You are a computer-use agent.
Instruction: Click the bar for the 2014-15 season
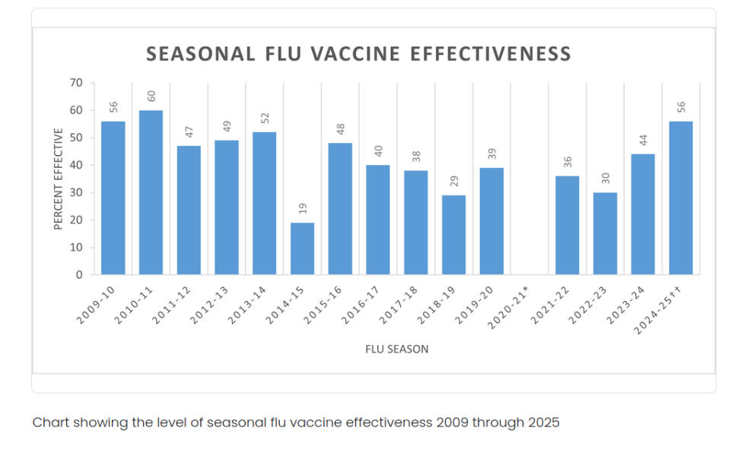click(x=302, y=249)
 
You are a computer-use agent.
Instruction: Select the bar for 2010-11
click(x=151, y=192)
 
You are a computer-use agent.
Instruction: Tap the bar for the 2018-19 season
click(x=453, y=235)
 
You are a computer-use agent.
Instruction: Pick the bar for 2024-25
click(x=681, y=198)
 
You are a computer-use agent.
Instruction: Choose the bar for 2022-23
click(x=605, y=233)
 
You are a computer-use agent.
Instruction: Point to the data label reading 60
click(x=151, y=97)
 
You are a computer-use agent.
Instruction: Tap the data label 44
click(x=643, y=141)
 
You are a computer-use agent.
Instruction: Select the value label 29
click(x=453, y=182)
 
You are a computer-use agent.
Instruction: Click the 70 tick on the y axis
click(x=77, y=83)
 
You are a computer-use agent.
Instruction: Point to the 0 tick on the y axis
click(x=80, y=275)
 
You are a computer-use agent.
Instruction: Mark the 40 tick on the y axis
click(x=77, y=166)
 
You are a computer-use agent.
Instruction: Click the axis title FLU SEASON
click(x=396, y=350)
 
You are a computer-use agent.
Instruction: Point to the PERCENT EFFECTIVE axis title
click(x=59, y=179)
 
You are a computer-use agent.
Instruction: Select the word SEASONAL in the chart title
click(x=201, y=54)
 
